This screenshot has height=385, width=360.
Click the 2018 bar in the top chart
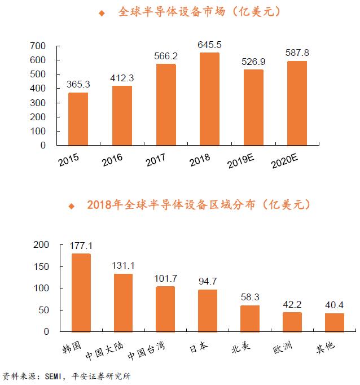[209, 99]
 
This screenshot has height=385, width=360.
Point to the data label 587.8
[297, 53]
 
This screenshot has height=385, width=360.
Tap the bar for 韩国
[81, 292]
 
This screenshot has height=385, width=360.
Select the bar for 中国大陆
[123, 303]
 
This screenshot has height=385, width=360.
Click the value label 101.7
[165, 278]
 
